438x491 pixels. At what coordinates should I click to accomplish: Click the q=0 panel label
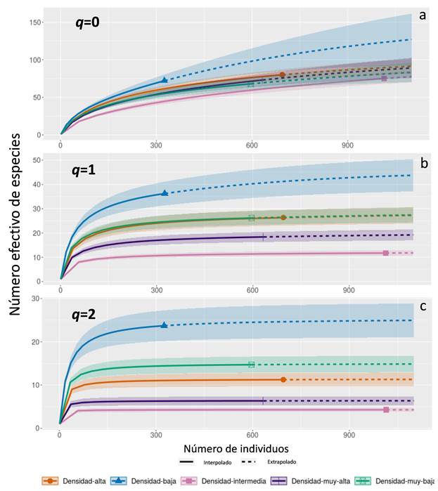coord(88,22)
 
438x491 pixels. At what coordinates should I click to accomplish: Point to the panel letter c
coord(422,306)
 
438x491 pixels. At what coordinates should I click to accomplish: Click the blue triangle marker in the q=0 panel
coord(164,81)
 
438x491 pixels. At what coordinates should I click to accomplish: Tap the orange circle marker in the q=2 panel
coord(283,379)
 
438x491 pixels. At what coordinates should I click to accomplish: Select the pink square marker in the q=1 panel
coord(385,253)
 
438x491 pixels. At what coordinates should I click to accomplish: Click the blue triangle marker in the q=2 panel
coord(164,325)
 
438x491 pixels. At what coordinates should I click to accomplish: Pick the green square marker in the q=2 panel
coord(251,365)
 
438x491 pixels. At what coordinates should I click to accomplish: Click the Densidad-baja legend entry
coord(151,481)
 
